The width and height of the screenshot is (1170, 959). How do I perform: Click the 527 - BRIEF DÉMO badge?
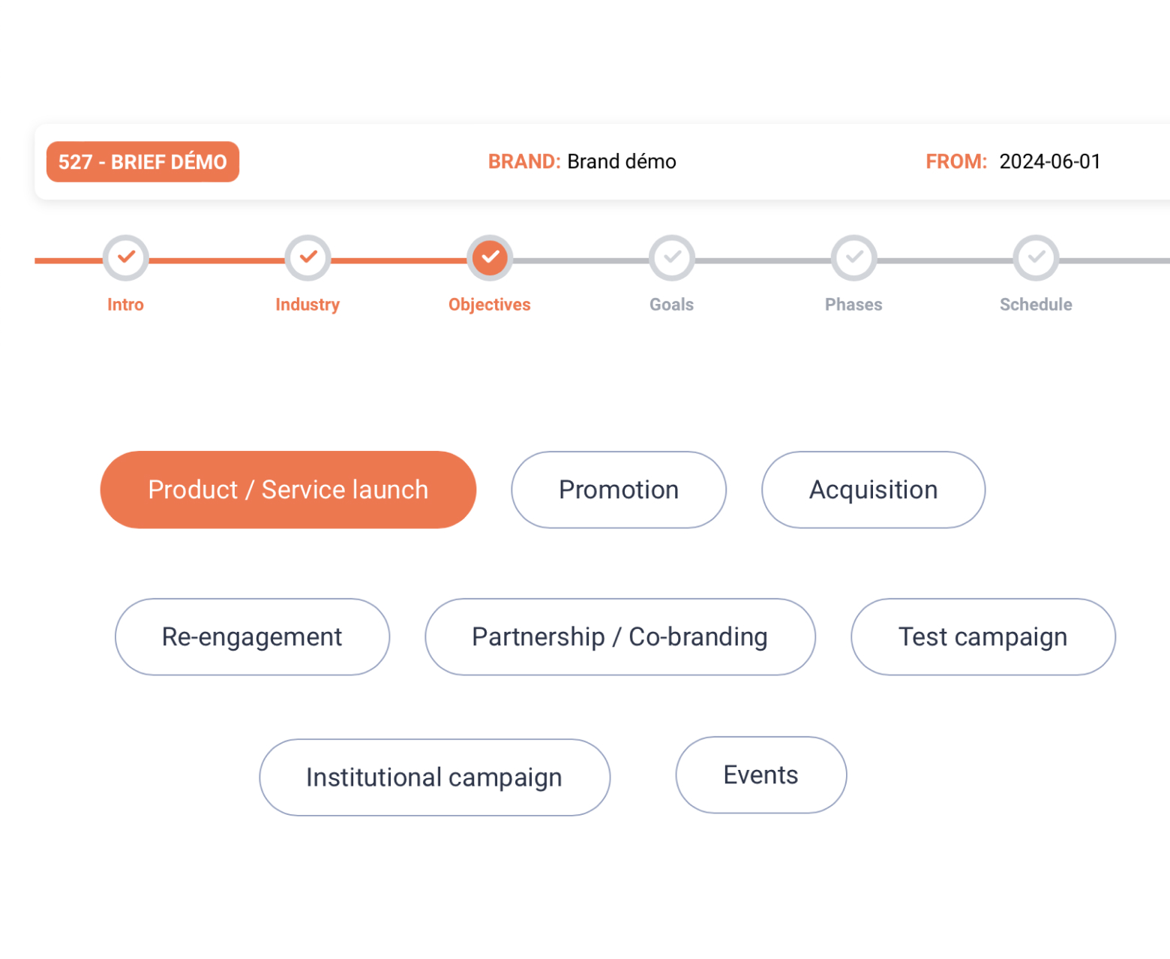(142, 161)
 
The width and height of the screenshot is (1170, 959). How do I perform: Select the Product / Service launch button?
(288, 489)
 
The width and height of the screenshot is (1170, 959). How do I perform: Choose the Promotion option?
(619, 489)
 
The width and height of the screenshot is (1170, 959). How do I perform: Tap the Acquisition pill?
(873, 489)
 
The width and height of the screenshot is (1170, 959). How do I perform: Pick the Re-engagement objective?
(253, 636)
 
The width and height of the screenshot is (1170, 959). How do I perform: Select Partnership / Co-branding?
(620, 636)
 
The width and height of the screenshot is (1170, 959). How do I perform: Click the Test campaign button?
(983, 636)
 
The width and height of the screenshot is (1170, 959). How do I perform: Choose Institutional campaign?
(435, 777)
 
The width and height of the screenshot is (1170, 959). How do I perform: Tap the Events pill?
(761, 774)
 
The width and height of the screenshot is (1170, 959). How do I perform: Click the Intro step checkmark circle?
(126, 257)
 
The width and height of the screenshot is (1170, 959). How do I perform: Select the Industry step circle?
(308, 257)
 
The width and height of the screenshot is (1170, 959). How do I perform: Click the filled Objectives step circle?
(490, 257)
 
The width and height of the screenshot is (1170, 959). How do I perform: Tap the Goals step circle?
(672, 257)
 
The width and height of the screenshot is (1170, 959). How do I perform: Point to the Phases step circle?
(853, 257)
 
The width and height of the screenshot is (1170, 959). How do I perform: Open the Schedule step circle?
(1036, 257)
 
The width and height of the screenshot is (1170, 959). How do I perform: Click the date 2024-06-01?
(1049, 161)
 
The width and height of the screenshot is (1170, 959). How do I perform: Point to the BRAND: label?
(524, 161)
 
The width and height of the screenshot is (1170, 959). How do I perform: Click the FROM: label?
(956, 161)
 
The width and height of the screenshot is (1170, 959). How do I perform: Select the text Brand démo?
(621, 161)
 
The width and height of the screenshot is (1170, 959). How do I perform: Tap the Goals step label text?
(672, 305)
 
